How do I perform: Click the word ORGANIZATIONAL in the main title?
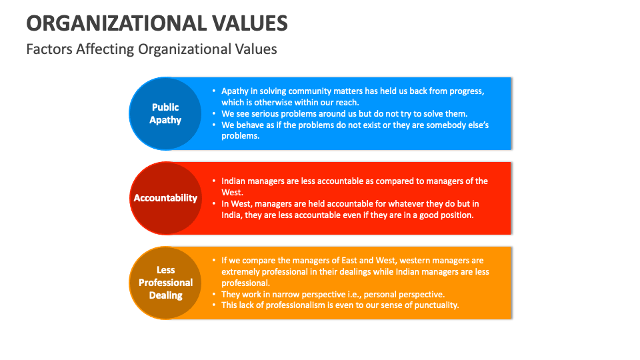(x=115, y=23)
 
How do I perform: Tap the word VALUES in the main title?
(x=249, y=23)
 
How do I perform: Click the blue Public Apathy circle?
(x=165, y=113)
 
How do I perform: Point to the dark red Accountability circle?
(x=165, y=198)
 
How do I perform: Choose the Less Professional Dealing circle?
(x=165, y=283)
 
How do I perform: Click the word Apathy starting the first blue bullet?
(x=235, y=91)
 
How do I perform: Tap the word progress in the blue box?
(x=465, y=91)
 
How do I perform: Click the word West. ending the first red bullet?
(x=233, y=192)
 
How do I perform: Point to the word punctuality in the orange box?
(x=435, y=305)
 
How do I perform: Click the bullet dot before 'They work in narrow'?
(x=213, y=294)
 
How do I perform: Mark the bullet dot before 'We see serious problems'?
(x=213, y=113)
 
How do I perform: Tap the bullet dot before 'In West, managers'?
(x=213, y=203)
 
